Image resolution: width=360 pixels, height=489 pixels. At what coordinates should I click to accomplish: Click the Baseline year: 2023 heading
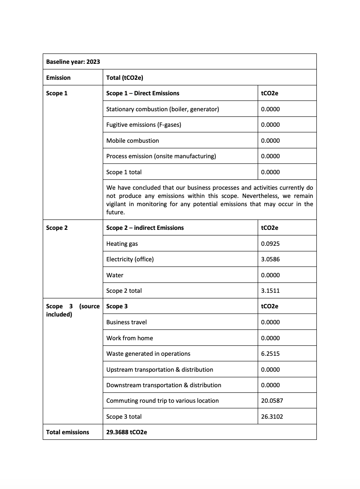(73, 62)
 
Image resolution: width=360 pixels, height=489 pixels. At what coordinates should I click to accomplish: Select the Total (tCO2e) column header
(125, 78)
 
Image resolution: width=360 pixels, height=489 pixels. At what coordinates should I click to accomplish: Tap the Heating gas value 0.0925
(270, 244)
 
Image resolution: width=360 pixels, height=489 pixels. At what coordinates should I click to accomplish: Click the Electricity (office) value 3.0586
(270, 259)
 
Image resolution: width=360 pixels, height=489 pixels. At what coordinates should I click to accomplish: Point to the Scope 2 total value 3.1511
(270, 291)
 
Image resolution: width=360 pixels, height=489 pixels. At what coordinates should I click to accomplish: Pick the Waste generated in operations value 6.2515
(270, 354)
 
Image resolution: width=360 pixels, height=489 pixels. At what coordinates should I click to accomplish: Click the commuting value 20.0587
(272, 401)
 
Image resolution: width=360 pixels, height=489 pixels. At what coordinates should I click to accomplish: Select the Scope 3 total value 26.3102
(272, 417)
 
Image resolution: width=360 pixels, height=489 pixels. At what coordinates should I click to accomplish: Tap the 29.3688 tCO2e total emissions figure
(126, 432)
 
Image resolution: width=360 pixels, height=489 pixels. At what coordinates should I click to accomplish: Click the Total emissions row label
(67, 432)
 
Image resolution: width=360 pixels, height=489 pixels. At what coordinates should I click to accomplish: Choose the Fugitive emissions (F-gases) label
(144, 125)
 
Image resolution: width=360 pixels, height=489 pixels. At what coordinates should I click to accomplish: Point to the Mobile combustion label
(133, 141)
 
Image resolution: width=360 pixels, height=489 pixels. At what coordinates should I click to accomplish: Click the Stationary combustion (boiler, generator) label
(163, 109)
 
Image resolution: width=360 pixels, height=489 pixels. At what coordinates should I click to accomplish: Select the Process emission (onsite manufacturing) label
(161, 156)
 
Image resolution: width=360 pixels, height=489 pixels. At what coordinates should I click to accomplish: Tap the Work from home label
(129, 338)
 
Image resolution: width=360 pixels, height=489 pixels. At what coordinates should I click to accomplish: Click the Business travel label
(126, 322)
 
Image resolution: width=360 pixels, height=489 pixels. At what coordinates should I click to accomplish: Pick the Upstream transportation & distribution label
(160, 370)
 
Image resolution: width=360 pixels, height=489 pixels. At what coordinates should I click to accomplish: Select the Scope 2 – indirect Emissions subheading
(145, 228)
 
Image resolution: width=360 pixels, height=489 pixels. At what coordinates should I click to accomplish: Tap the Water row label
(115, 275)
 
